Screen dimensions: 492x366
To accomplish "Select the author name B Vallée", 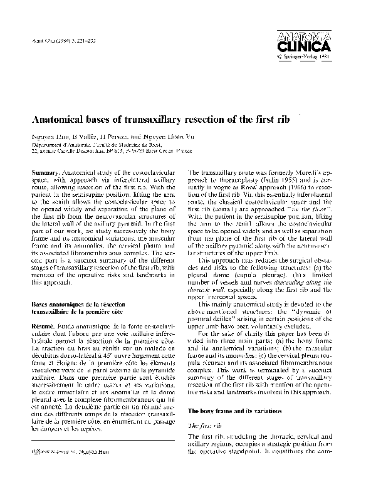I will tap(80, 135).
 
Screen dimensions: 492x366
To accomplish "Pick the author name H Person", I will tap(113, 135).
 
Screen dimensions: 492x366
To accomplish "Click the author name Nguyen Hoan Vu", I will tap(167, 135).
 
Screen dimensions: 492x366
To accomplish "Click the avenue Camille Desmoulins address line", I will tap(103, 151).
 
